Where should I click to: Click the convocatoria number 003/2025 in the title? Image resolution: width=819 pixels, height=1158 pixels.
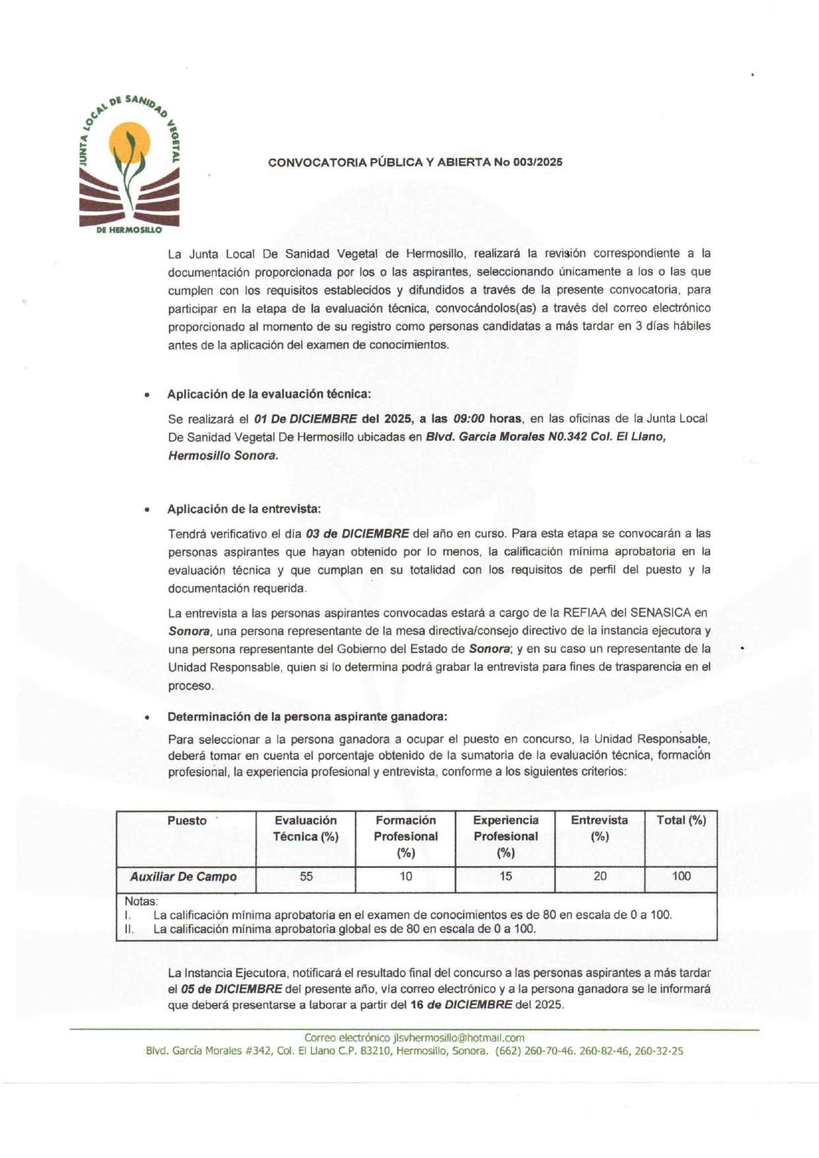pyautogui.click(x=539, y=163)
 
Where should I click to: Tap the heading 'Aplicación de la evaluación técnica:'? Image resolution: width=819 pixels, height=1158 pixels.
pyautogui.click(x=269, y=394)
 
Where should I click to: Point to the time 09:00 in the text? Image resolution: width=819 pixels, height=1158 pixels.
pyautogui.click(x=469, y=419)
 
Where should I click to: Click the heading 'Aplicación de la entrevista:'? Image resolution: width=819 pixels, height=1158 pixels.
pyautogui.click(x=244, y=509)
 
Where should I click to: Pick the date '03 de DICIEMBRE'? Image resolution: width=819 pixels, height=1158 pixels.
pyautogui.click(x=358, y=533)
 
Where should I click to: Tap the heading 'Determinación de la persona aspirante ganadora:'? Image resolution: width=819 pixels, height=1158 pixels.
pyautogui.click(x=307, y=717)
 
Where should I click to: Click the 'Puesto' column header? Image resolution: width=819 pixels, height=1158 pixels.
pyautogui.click(x=187, y=821)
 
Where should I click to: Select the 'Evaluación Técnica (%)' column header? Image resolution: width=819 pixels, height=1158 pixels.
pyautogui.click(x=306, y=828)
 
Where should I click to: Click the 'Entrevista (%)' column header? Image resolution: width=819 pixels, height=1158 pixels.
pyautogui.click(x=599, y=828)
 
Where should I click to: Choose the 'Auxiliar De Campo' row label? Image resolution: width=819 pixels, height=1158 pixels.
pyautogui.click(x=183, y=877)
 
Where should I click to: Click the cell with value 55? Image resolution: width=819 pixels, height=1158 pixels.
pyautogui.click(x=306, y=877)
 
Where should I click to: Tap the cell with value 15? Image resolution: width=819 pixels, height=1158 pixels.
pyautogui.click(x=505, y=877)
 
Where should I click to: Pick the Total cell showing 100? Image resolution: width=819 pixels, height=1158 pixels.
pyautogui.click(x=681, y=877)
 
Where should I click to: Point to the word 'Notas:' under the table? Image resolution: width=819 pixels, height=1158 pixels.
pyautogui.click(x=141, y=902)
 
